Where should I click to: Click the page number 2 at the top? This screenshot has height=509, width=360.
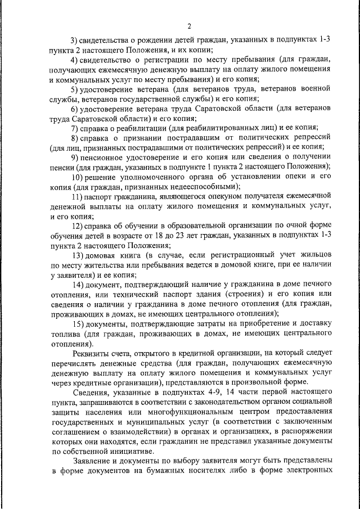(190, 26)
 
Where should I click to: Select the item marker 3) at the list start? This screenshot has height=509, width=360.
(75, 39)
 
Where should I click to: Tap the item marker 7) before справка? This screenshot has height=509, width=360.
(75, 128)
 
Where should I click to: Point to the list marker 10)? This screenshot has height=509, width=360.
(78, 177)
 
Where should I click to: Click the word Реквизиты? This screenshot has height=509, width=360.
(93, 354)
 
